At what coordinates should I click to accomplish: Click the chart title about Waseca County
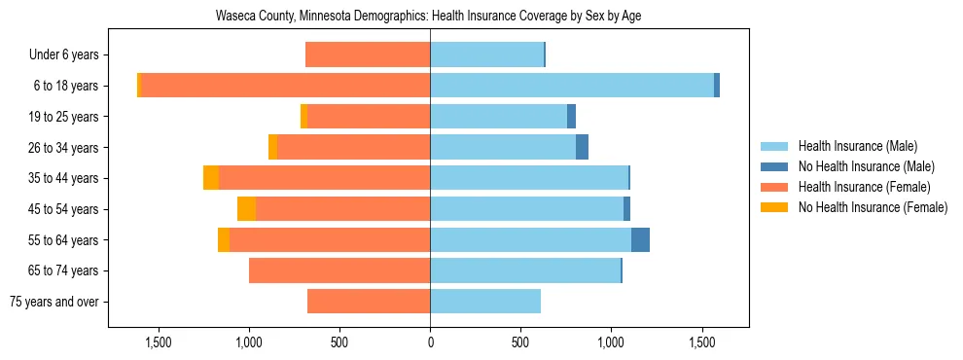coord(428,16)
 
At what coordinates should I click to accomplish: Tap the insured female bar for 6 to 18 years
coord(286,86)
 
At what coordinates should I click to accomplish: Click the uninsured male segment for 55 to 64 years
coord(640,240)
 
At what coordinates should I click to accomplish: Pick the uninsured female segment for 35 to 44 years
coord(211,178)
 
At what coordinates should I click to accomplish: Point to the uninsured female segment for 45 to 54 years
coord(246,209)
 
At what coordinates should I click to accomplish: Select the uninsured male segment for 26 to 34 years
coord(582,148)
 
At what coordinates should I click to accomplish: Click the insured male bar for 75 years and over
coord(485,302)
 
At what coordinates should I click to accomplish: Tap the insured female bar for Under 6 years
coord(368,55)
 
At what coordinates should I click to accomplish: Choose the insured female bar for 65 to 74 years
coord(339,270)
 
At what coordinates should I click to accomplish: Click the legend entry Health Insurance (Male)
coord(856,146)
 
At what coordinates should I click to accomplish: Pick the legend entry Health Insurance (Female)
coord(864,187)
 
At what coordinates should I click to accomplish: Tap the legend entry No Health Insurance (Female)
coord(873,207)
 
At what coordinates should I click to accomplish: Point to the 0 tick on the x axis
coord(430,342)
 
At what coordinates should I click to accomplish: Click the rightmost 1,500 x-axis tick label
coord(701,342)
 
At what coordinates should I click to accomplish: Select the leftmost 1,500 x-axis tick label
coord(159,342)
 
